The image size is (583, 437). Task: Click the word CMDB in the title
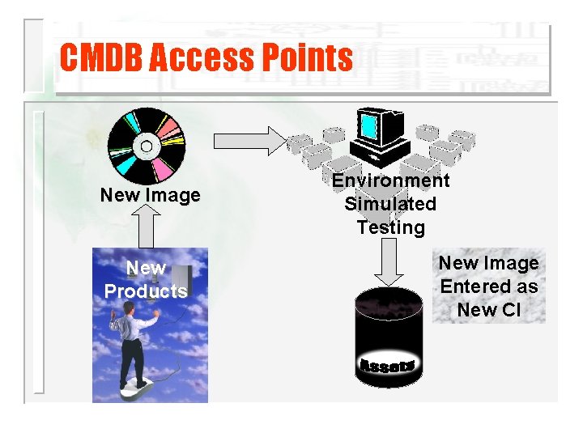pyautogui.click(x=100, y=58)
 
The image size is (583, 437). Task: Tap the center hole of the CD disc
pyautogui.click(x=147, y=146)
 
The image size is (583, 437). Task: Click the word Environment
pyautogui.click(x=390, y=180)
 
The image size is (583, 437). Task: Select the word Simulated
pyautogui.click(x=390, y=204)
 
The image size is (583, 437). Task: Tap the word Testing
pyautogui.click(x=390, y=227)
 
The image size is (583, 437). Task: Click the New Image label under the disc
pyautogui.click(x=150, y=195)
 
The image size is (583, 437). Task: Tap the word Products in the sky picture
pyautogui.click(x=146, y=291)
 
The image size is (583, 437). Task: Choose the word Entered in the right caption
pyautogui.click(x=488, y=286)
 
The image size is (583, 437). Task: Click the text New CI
pyautogui.click(x=488, y=309)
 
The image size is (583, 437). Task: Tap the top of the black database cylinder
pyautogui.click(x=389, y=303)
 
